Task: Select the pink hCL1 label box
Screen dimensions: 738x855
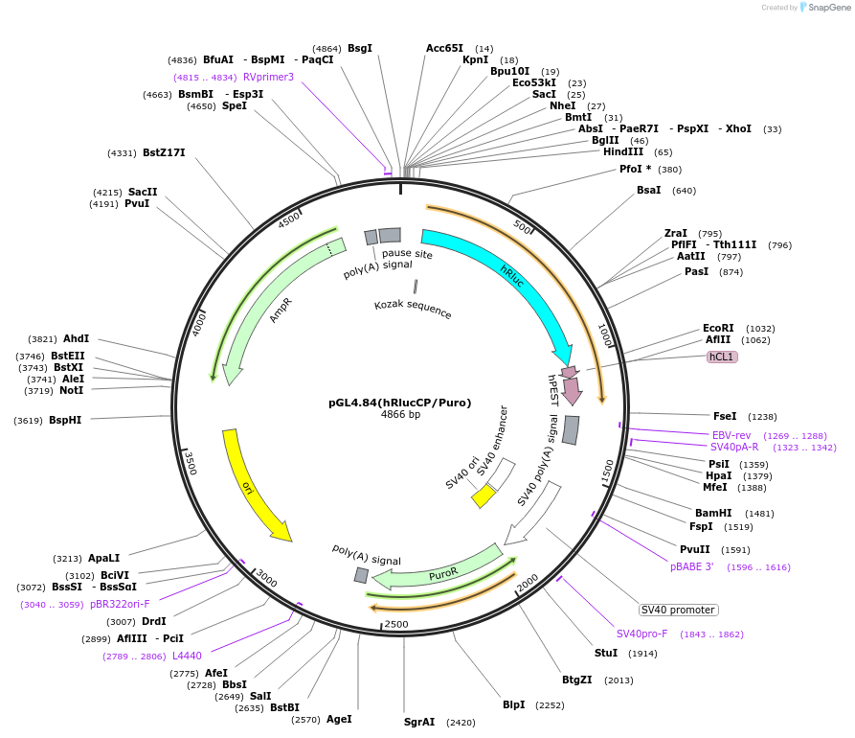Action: pos(721,357)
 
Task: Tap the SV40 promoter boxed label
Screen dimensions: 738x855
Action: pos(678,610)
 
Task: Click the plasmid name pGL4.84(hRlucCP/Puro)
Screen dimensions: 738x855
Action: pos(400,403)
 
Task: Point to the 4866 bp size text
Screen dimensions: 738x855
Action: pos(400,415)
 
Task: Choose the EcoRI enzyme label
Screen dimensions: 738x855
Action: pos(718,328)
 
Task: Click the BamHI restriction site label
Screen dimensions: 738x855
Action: pos(713,513)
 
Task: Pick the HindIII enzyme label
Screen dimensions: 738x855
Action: pos(623,151)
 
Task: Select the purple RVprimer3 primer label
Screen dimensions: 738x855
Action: pos(268,77)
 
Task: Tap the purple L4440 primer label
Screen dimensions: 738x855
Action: pos(187,656)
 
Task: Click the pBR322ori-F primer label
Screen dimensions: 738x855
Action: pos(120,604)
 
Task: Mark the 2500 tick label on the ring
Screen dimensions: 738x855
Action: pos(395,624)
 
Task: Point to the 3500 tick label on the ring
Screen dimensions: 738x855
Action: pos(190,463)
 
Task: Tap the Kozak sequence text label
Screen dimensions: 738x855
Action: pos(413,309)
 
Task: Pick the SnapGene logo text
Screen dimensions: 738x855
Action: pos(829,8)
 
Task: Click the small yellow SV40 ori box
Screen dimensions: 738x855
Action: pos(484,496)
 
